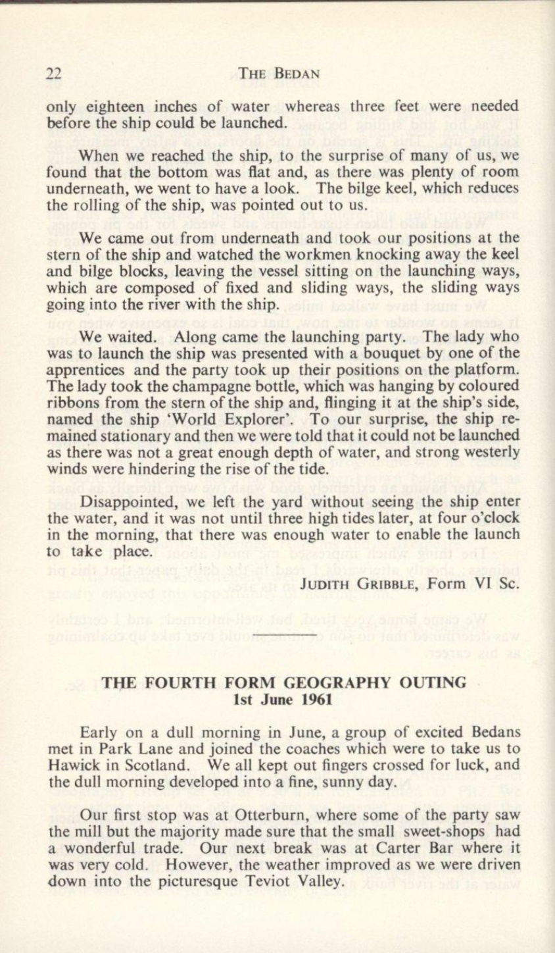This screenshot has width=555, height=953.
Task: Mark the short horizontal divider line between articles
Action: point(279,636)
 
